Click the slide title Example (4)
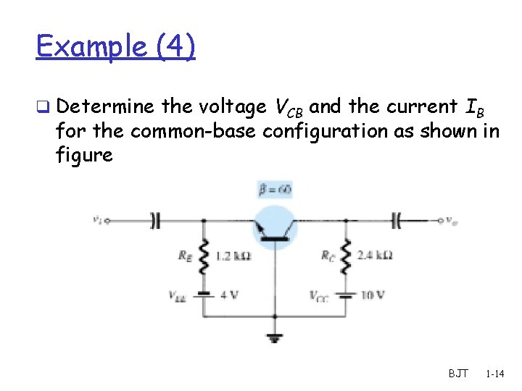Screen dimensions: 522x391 pyautogui.click(x=115, y=47)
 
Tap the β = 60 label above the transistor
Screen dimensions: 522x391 pyautogui.click(x=275, y=190)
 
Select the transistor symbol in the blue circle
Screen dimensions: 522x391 pyautogui.click(x=275, y=226)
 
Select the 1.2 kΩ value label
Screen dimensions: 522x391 pyautogui.click(x=234, y=256)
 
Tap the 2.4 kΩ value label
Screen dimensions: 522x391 pyautogui.click(x=376, y=256)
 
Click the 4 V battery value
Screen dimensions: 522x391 pyautogui.click(x=229, y=295)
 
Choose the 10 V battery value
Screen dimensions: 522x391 pyautogui.click(x=372, y=295)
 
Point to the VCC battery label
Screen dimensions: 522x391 pyautogui.click(x=320, y=295)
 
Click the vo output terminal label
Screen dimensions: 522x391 pyautogui.click(x=452, y=219)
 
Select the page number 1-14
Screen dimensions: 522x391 pyautogui.click(x=496, y=374)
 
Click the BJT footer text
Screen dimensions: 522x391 pyautogui.click(x=458, y=374)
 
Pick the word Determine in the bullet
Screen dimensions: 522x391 pyautogui.click(x=104, y=107)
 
